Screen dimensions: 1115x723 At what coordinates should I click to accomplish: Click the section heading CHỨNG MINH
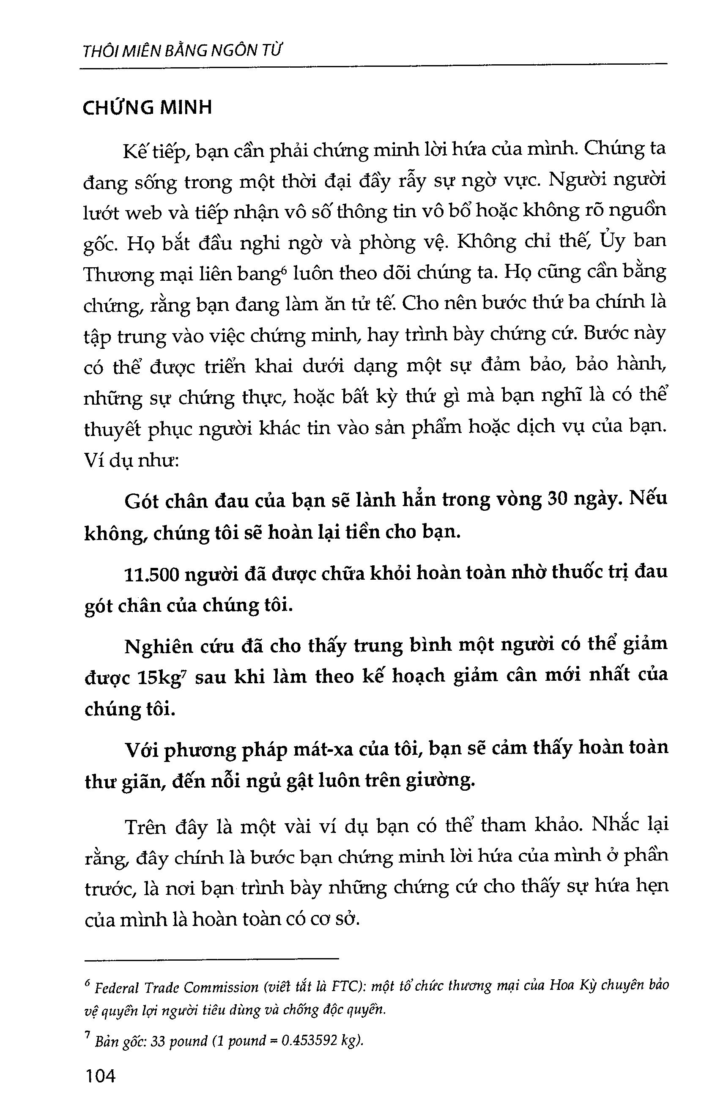point(147,108)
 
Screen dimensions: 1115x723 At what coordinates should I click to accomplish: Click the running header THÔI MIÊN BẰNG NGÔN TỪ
point(183,50)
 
